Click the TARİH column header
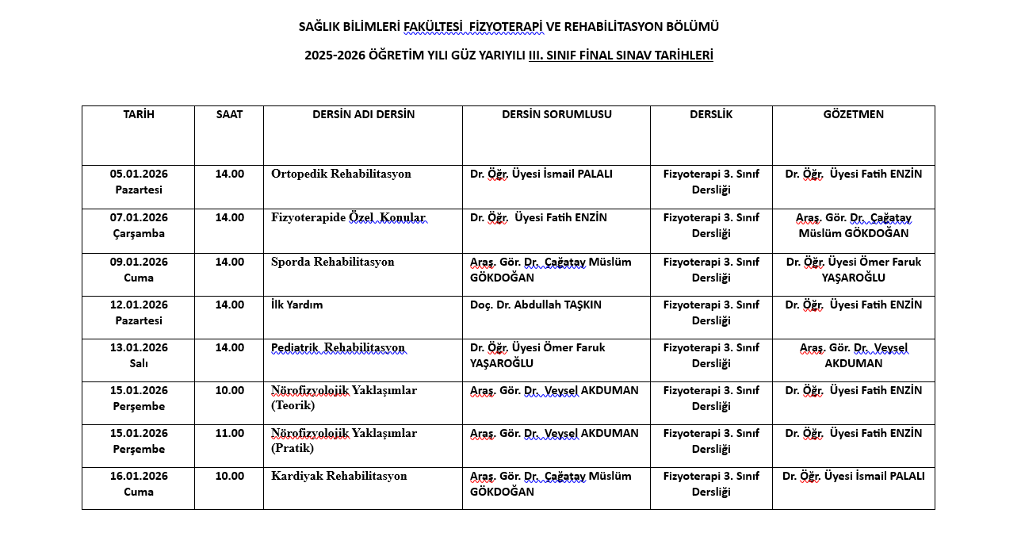pyautogui.click(x=139, y=114)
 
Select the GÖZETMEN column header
pyautogui.click(x=853, y=114)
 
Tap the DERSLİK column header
pyautogui.click(x=711, y=114)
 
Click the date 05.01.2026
pyautogui.click(x=139, y=174)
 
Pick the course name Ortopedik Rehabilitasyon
pyautogui.click(x=341, y=174)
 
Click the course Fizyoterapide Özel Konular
pyautogui.click(x=348, y=217)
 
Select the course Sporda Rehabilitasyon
pyautogui.click(x=332, y=262)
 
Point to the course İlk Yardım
pyautogui.click(x=297, y=305)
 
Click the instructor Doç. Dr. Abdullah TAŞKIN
pyautogui.click(x=536, y=305)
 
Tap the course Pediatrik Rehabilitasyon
pyautogui.click(x=338, y=347)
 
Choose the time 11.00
pyautogui.click(x=230, y=433)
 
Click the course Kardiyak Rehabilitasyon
pyautogui.click(x=338, y=476)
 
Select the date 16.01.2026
pyautogui.click(x=139, y=476)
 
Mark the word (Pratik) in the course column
pyautogui.click(x=293, y=448)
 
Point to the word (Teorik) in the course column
pyautogui.click(x=293, y=405)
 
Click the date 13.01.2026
pyautogui.click(x=139, y=347)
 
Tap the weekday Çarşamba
pyautogui.click(x=139, y=233)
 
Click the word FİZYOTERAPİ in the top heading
pyautogui.click(x=506, y=27)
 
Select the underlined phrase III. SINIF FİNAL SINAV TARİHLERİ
pyautogui.click(x=621, y=56)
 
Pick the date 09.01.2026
pyautogui.click(x=139, y=262)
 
